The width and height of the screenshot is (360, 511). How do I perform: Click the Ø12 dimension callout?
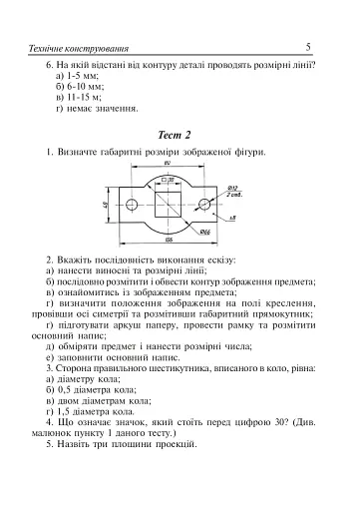[233, 187]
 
